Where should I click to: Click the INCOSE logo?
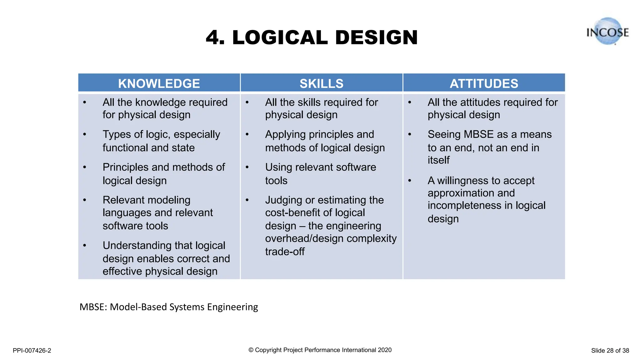[x=607, y=32]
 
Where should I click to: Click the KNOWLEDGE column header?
[x=159, y=83]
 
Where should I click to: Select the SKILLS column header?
[x=321, y=83]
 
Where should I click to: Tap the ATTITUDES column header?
[x=484, y=83]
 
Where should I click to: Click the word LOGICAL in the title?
[x=280, y=38]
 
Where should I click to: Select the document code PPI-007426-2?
[x=32, y=351]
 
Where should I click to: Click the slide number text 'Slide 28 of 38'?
[x=610, y=351]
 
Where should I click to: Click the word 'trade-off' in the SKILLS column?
[x=285, y=252]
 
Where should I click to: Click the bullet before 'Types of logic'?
[x=84, y=135]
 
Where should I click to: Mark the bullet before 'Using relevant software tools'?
[x=247, y=167]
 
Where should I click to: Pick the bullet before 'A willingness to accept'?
[x=409, y=181]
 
